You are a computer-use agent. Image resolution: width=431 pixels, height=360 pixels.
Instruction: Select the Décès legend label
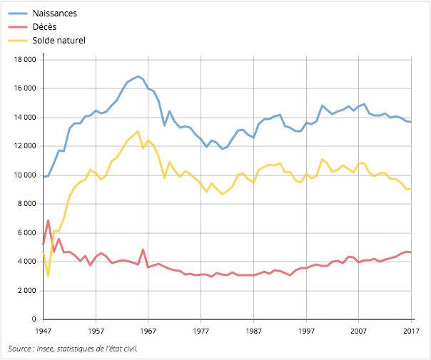coord(45,27)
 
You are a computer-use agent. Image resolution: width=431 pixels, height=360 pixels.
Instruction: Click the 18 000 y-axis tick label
coord(24,60)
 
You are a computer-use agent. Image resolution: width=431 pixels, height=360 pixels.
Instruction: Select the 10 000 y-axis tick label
coord(24,175)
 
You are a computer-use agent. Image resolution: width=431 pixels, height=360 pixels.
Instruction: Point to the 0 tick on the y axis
coord(34,319)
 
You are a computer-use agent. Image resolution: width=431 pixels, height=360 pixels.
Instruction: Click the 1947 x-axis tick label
coord(44,331)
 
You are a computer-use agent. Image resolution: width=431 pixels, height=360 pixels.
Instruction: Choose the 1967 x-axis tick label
coord(148,331)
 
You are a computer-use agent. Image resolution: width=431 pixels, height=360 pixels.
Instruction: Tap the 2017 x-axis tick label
coord(412,331)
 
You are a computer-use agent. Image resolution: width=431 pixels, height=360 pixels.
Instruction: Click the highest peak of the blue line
coord(138,76)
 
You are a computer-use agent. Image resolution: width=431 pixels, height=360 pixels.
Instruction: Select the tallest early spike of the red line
coord(49,220)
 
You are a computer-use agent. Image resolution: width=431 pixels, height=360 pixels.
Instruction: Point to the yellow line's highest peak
coord(138,131)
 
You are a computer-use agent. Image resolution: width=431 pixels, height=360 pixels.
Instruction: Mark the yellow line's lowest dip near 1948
coord(49,276)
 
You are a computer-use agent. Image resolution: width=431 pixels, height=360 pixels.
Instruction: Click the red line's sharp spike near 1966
coord(143,250)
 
